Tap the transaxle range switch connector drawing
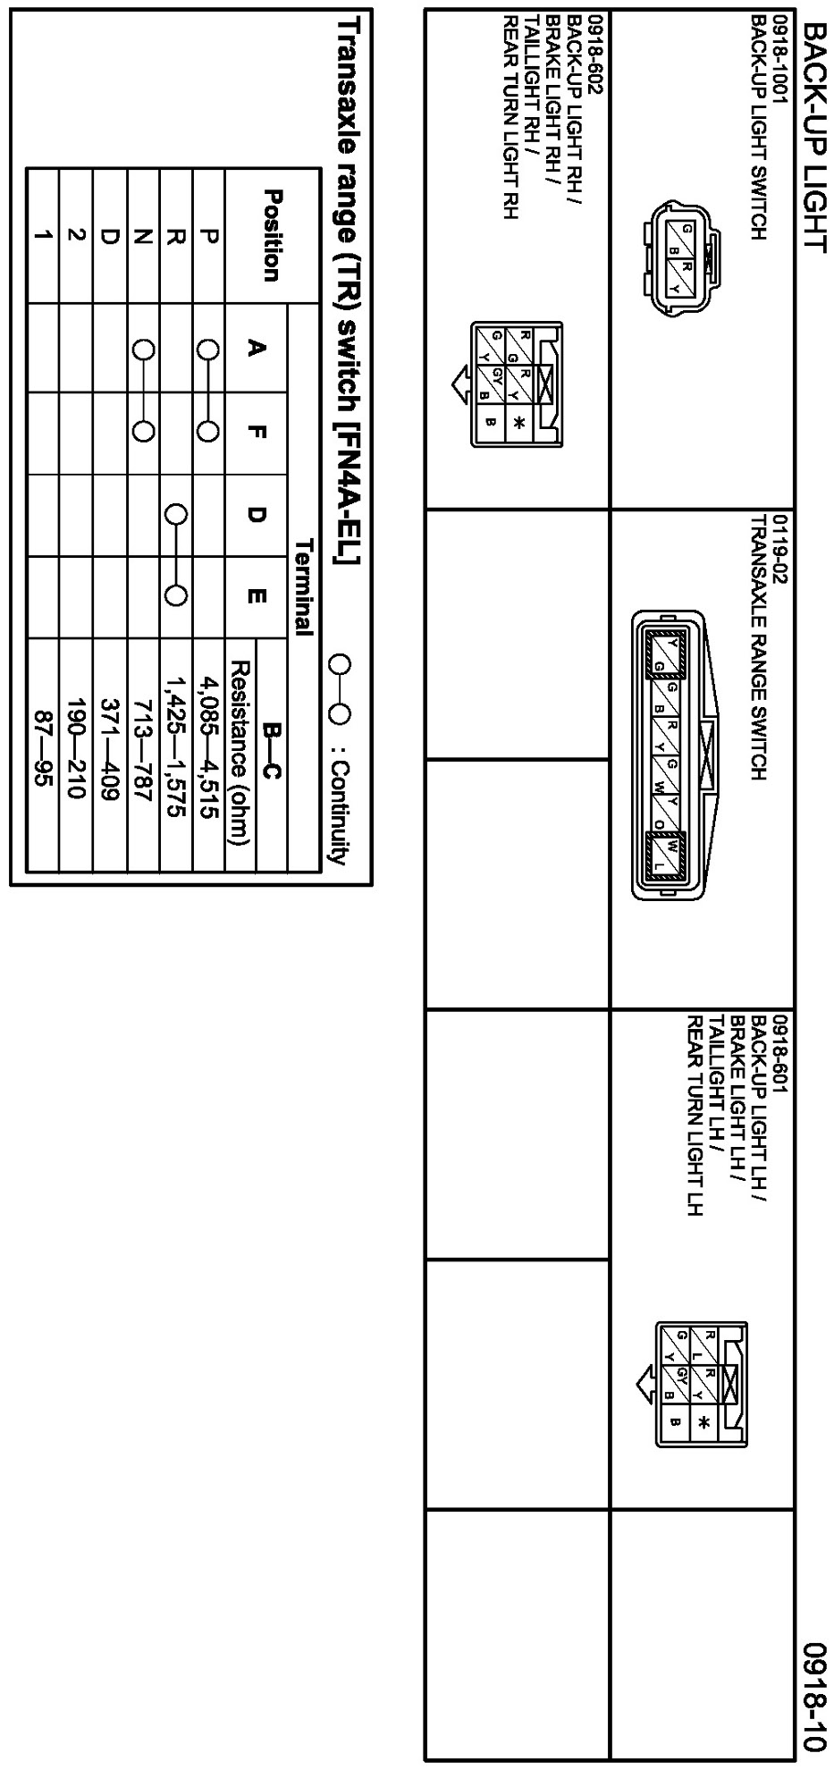(x=670, y=755)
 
